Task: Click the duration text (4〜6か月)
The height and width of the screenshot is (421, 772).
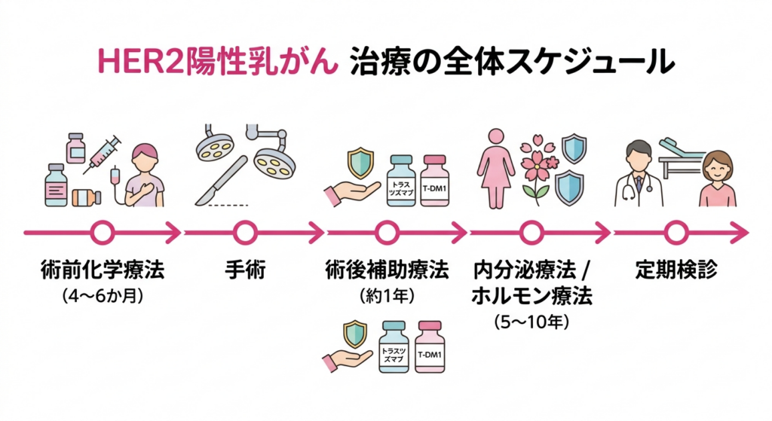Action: click(102, 295)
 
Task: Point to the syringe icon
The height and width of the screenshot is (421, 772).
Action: click(103, 152)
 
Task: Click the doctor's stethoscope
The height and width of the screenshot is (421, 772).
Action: click(630, 189)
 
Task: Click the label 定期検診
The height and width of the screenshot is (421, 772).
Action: click(675, 269)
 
